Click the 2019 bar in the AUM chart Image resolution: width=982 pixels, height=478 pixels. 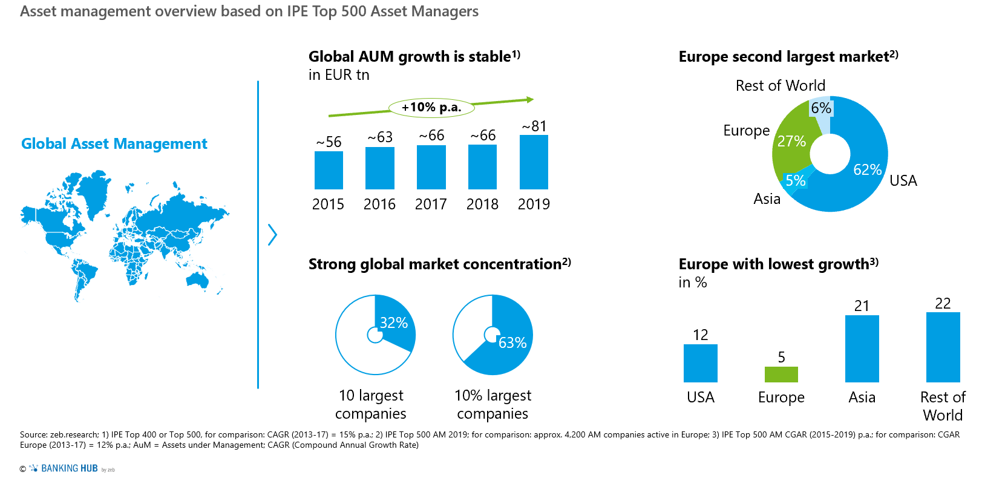coord(534,162)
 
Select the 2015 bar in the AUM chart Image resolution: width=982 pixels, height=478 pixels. coord(329,170)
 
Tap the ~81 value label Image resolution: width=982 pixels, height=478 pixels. coord(534,126)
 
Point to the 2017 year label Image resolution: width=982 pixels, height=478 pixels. coord(431,204)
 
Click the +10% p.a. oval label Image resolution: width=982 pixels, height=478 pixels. coord(431,108)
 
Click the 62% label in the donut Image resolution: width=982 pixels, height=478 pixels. coord(867,170)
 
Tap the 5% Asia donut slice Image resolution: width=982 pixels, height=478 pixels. coord(794,180)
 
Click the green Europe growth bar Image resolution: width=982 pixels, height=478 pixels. coord(781,375)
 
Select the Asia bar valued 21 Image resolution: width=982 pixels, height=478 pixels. coord(862,349)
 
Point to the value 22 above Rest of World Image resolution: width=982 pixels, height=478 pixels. coord(943,303)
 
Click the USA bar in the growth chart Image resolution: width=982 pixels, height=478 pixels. coord(700,363)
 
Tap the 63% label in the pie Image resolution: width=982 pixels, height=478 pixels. coord(512,343)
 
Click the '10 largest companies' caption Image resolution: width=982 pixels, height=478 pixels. coord(371,404)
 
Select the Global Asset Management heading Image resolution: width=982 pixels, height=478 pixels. coord(114,143)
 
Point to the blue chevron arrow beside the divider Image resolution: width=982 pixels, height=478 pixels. coord(272,235)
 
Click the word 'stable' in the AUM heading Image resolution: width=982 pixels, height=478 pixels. coord(490,57)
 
